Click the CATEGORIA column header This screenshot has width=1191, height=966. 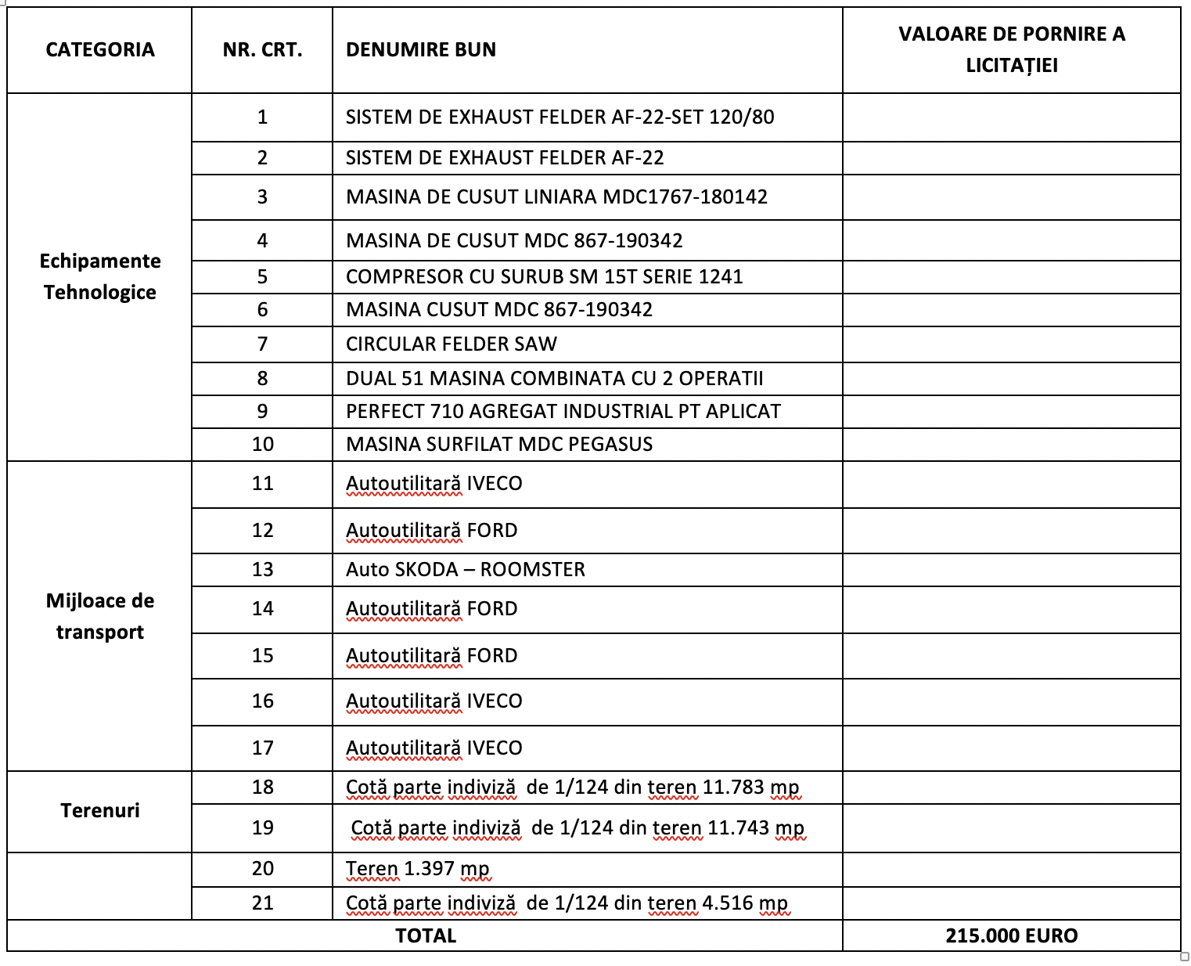click(100, 50)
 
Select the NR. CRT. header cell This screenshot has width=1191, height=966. click(262, 50)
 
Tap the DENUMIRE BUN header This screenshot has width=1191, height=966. click(421, 50)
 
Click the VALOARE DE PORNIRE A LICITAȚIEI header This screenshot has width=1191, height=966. click(1011, 49)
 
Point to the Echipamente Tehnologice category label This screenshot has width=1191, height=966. click(100, 276)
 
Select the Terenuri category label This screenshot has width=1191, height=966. click(100, 810)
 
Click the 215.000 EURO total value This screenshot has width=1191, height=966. click(1011, 935)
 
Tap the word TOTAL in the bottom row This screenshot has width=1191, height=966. click(426, 935)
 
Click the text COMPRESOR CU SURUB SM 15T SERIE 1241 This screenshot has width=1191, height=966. click(544, 277)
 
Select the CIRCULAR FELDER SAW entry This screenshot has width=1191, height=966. click(452, 344)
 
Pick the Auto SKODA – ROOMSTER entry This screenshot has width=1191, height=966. click(466, 570)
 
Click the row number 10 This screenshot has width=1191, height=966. click(263, 445)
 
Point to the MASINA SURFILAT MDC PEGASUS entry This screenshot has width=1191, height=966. click(499, 445)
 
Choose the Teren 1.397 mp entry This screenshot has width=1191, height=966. click(418, 869)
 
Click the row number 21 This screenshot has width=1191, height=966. click(263, 903)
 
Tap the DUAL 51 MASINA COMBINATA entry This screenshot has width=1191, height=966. click(554, 379)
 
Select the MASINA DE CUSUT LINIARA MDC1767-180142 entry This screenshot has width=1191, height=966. click(556, 197)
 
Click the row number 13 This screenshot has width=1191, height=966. click(263, 570)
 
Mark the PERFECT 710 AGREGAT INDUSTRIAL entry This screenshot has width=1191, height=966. click(563, 412)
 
